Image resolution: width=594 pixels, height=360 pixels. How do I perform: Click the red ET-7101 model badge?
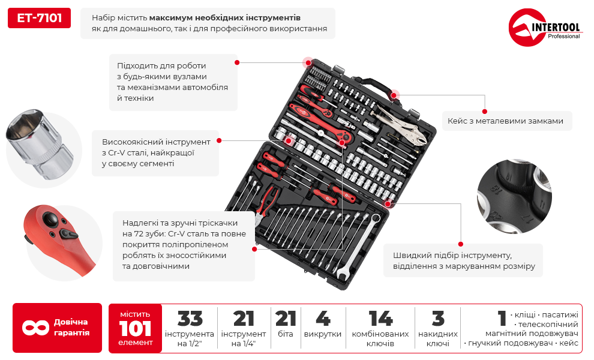pos(39,18)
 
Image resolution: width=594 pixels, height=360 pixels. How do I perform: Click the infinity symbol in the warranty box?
pos(35,328)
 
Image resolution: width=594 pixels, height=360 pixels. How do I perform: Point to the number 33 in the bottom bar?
pos(190,319)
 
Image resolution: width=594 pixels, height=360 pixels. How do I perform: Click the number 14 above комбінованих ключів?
pos(380,319)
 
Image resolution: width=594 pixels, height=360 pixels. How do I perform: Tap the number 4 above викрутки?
pos(322,319)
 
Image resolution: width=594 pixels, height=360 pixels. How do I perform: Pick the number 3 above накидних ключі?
pos(437,319)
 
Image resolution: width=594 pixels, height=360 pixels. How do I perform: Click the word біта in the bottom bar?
pos(286,334)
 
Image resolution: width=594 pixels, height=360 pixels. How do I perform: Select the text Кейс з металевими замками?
pos(505,121)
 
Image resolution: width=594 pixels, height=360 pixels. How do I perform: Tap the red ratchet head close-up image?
pos(57,237)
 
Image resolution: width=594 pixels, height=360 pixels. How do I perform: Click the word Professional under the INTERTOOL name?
pos(563,37)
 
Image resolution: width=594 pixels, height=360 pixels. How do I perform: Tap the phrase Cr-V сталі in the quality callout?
pos(127,153)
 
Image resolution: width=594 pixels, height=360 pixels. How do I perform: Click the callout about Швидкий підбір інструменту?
pos(463,260)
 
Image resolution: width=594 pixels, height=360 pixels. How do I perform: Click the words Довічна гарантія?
pos(71,328)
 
